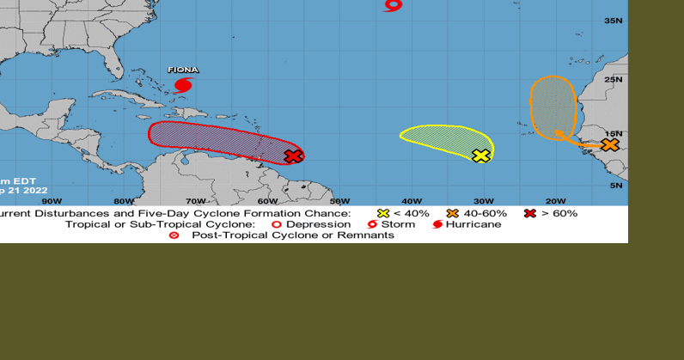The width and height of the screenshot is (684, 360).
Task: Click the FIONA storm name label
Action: coord(182,70)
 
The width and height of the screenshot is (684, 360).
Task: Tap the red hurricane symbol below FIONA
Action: coord(182,84)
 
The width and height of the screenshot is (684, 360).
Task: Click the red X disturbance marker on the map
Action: coord(293,156)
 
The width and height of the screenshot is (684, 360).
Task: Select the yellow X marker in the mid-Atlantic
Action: coord(481,156)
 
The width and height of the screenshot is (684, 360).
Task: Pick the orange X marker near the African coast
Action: coord(609,144)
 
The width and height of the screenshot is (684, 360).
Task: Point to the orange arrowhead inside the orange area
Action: coord(560,134)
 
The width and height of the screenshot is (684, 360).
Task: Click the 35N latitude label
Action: coord(614,21)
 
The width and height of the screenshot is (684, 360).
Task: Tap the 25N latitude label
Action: coord(614,80)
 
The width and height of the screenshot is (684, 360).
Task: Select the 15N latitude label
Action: coord(614,135)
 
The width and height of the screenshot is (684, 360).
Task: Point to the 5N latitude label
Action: coord(615,186)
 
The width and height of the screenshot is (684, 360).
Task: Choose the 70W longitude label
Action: coord(196,201)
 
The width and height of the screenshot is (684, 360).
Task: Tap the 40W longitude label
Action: coord(411,201)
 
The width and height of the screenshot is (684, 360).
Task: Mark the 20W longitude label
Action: coord(555,201)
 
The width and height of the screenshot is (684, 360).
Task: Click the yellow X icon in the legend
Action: coord(383,213)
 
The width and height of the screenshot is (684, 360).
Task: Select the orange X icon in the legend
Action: coord(452,213)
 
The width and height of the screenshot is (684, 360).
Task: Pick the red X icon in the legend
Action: coord(530,213)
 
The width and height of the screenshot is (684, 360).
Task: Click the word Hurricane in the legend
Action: coord(473,224)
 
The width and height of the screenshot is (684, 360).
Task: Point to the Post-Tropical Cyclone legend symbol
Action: coord(174,235)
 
